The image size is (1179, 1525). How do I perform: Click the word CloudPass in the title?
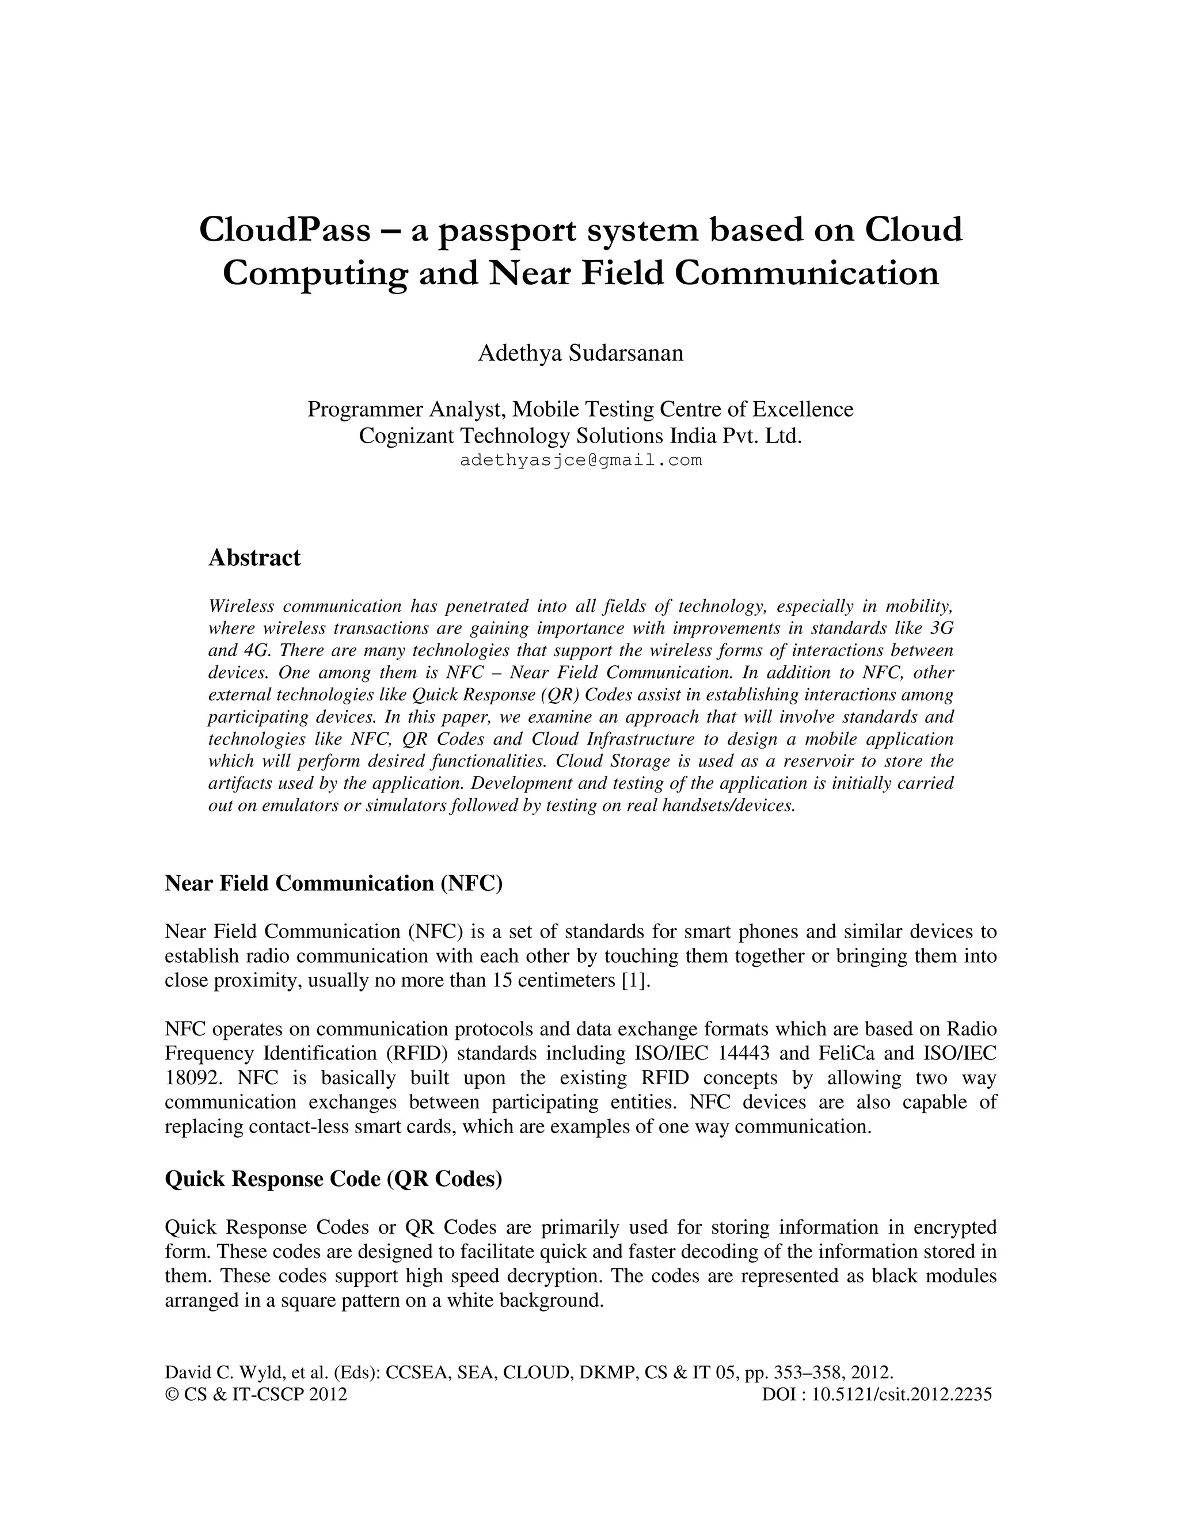pos(285,230)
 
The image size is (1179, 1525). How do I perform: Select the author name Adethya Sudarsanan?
pos(580,353)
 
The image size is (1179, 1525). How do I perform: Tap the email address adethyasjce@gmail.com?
pos(580,461)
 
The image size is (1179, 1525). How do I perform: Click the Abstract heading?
pos(254,558)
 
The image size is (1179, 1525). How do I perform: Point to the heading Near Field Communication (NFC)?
pos(333,883)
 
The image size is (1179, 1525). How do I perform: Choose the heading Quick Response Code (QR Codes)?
pos(333,1179)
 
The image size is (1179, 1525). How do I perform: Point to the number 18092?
pos(193,1077)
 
